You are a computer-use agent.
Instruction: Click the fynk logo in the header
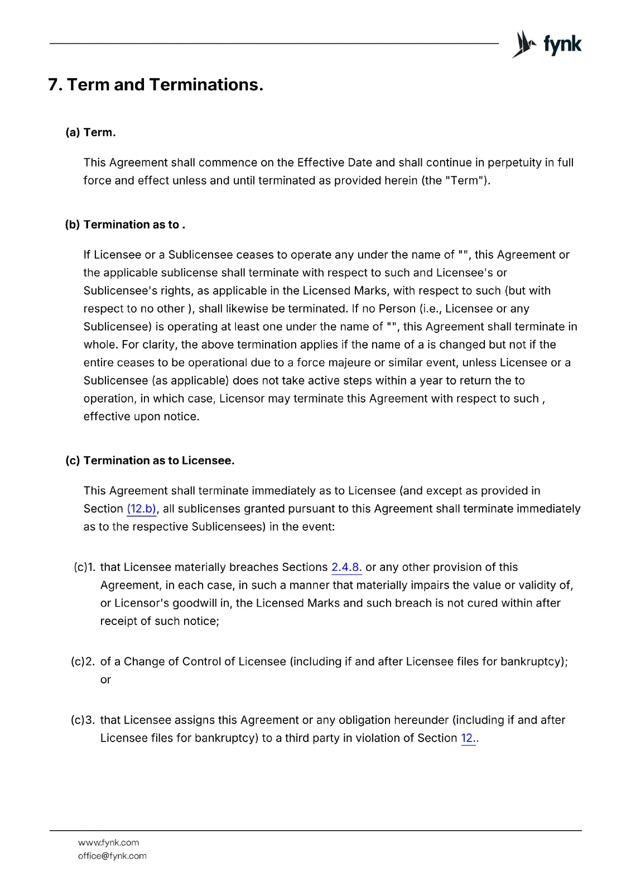pos(547,45)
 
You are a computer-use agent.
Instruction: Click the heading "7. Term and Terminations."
pos(156,85)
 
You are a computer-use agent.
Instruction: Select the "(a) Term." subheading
pos(90,133)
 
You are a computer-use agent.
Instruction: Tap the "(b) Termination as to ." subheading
pos(125,225)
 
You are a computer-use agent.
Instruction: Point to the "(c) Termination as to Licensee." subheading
pos(150,460)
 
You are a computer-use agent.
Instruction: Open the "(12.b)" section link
pos(142,509)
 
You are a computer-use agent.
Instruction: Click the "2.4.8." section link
pos(346,568)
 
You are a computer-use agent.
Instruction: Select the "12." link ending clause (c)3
pos(468,738)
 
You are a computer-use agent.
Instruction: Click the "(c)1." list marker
pos(84,568)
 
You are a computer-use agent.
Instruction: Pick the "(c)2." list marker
pos(83,662)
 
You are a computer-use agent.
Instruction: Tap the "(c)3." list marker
pos(83,720)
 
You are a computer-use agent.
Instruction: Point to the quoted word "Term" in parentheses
pos(464,181)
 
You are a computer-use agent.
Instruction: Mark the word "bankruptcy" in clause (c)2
pos(532,662)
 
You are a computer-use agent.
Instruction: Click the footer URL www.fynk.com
pos(108,842)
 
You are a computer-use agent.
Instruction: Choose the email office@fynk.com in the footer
pos(112,856)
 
